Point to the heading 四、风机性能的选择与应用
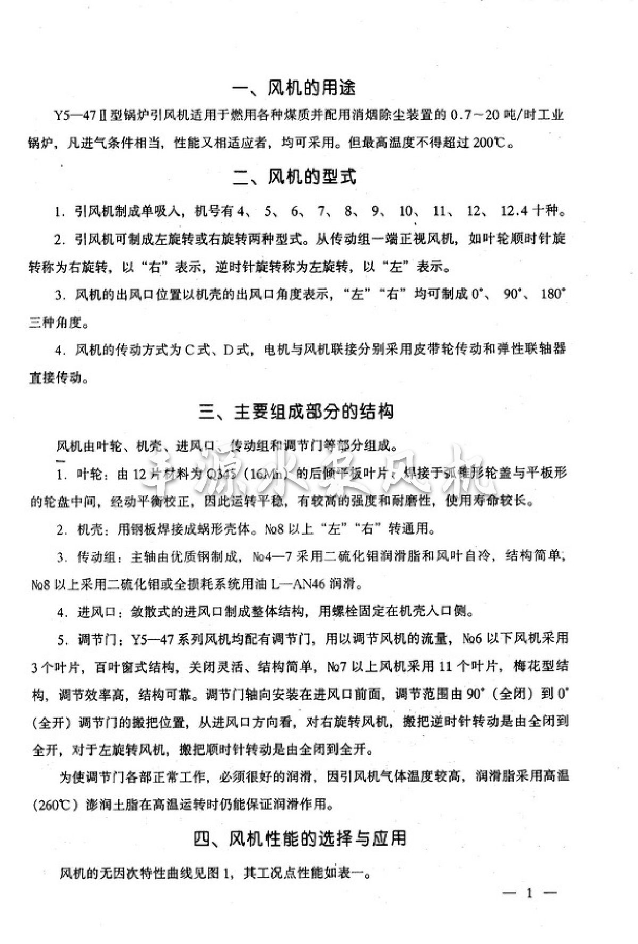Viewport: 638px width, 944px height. pos(300,838)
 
